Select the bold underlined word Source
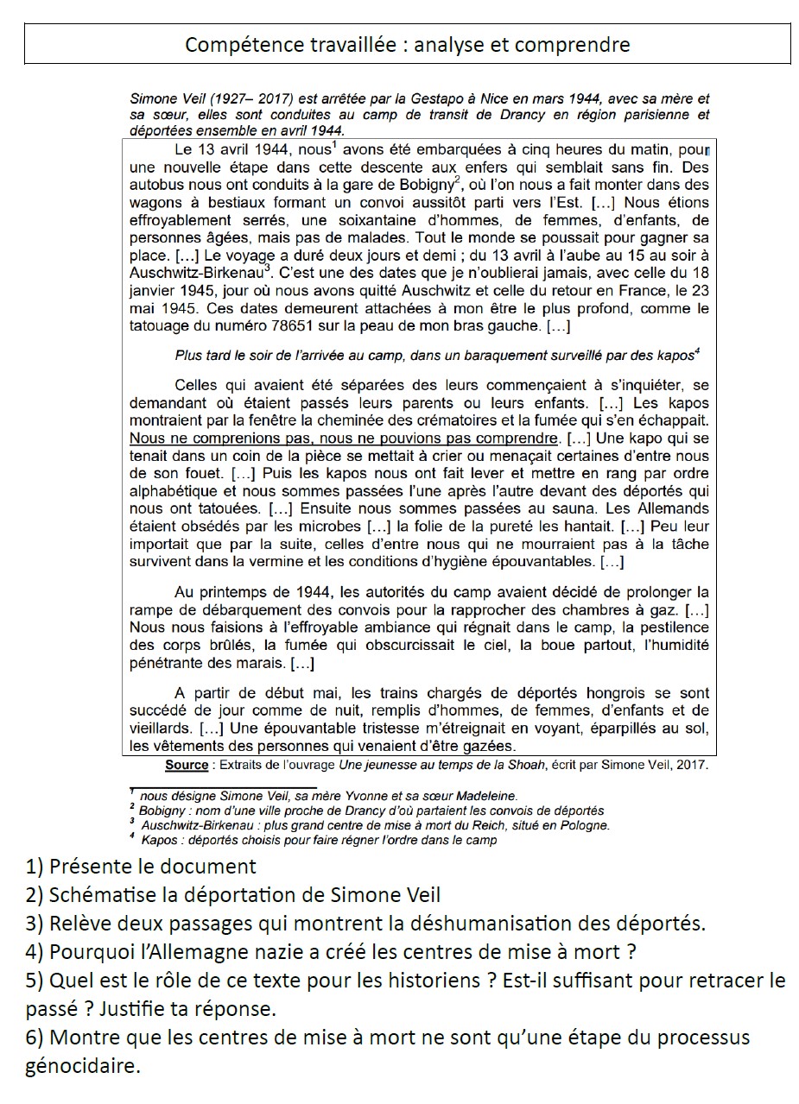point(187,765)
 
